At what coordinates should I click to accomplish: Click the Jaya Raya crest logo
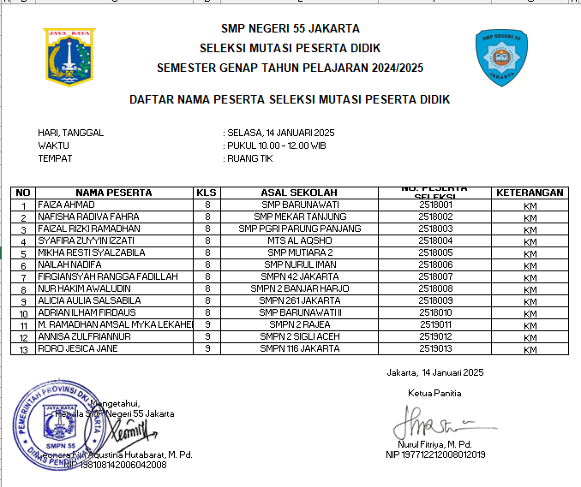click(x=69, y=57)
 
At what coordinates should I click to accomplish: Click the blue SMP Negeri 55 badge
click(x=502, y=57)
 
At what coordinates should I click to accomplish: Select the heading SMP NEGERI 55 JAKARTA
click(x=290, y=28)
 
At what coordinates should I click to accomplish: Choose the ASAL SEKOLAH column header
click(x=299, y=193)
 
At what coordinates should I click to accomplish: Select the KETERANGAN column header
click(x=530, y=193)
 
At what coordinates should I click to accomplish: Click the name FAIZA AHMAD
click(x=66, y=205)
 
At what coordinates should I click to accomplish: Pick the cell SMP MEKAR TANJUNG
click(x=299, y=217)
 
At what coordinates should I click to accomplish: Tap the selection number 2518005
click(x=435, y=253)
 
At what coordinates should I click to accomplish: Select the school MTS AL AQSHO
click(x=299, y=241)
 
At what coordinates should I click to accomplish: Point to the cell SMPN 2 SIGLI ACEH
click(x=299, y=337)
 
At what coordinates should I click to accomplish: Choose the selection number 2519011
click(x=435, y=325)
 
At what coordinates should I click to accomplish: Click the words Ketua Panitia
click(x=434, y=393)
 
